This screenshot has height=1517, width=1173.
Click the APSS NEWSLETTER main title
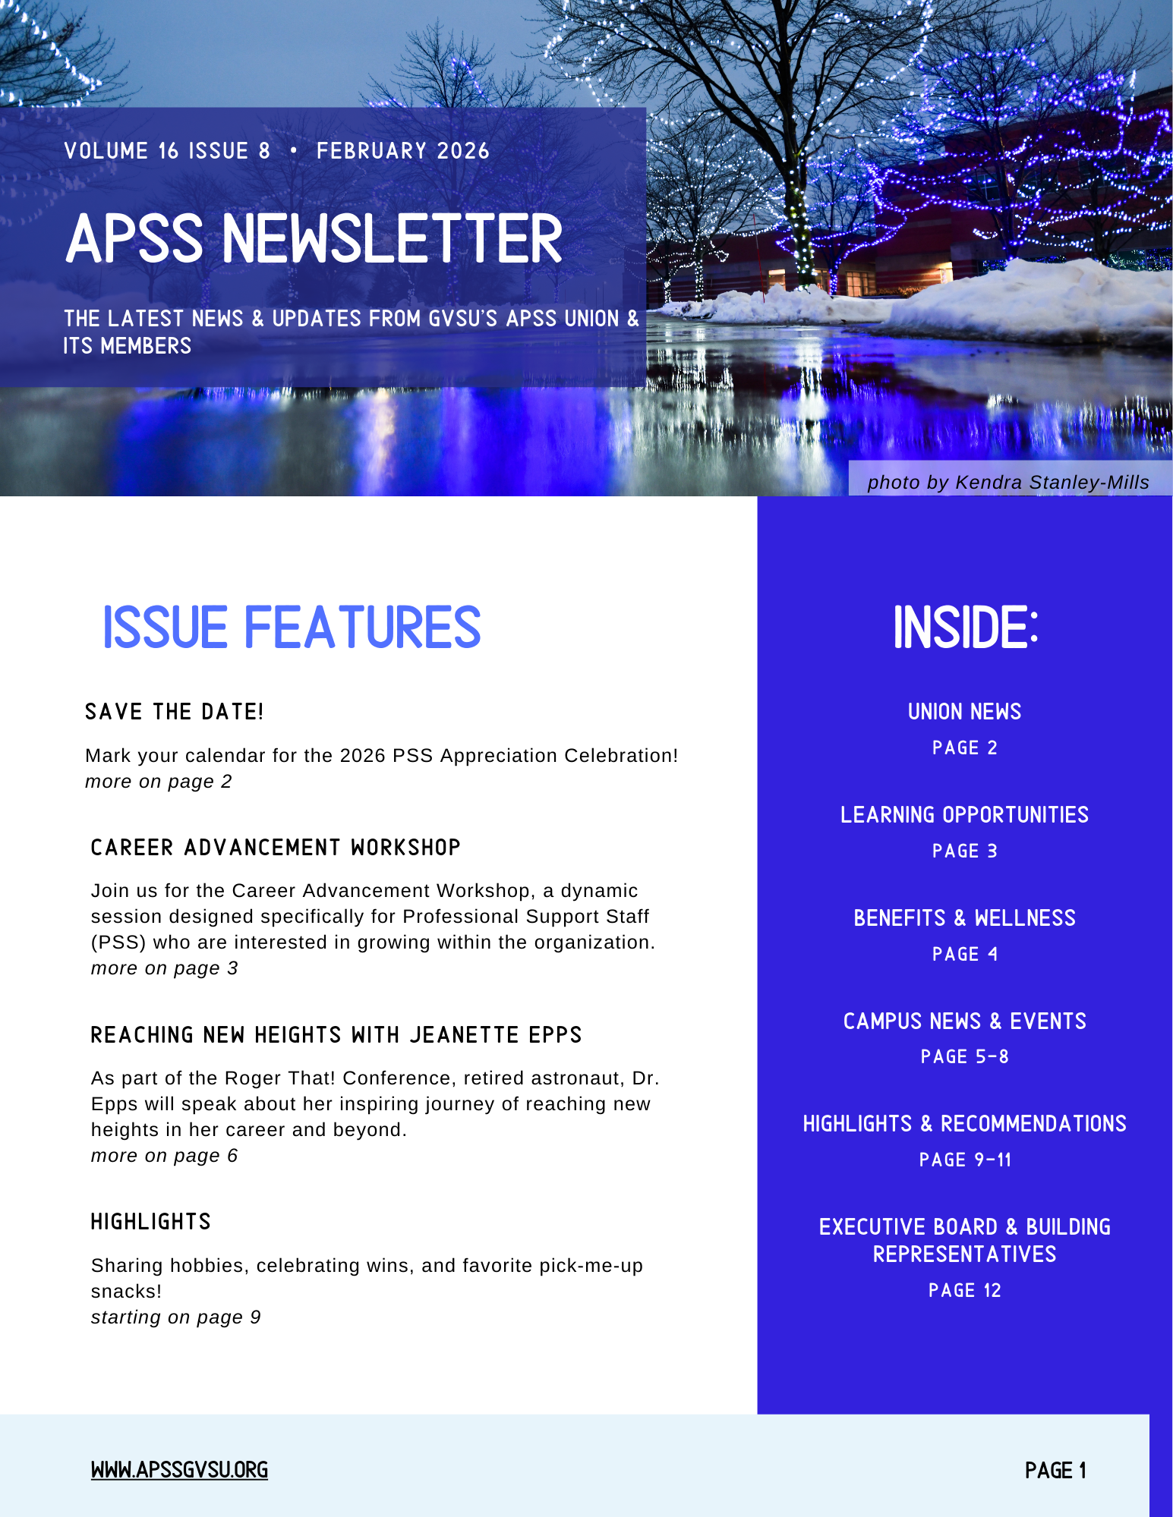point(314,239)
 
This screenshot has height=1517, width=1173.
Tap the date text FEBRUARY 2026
point(402,151)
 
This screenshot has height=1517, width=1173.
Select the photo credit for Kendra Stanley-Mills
point(1007,483)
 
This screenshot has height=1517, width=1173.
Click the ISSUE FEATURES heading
point(292,628)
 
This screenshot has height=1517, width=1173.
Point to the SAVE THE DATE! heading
point(174,712)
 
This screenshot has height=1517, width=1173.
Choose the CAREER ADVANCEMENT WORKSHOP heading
point(276,848)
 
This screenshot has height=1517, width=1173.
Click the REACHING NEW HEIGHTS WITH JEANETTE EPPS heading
point(336,1035)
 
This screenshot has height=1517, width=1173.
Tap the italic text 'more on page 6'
point(164,1156)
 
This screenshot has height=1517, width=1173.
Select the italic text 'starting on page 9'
point(175,1317)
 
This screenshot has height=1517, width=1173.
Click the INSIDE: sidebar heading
point(965,628)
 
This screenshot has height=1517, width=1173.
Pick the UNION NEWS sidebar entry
point(964,712)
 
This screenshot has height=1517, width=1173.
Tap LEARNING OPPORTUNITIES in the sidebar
point(964,815)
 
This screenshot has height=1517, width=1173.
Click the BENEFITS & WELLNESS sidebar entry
point(964,918)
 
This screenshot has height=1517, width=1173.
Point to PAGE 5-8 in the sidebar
point(964,1057)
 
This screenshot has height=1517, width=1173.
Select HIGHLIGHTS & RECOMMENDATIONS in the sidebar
point(964,1124)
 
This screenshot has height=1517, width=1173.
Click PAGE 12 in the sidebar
point(964,1291)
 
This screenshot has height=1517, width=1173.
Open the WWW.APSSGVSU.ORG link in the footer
point(179,1471)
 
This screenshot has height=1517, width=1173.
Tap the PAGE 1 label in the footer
point(1055,1471)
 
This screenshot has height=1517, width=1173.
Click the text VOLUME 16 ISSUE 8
point(167,151)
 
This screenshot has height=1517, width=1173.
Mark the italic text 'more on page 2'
point(158,782)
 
